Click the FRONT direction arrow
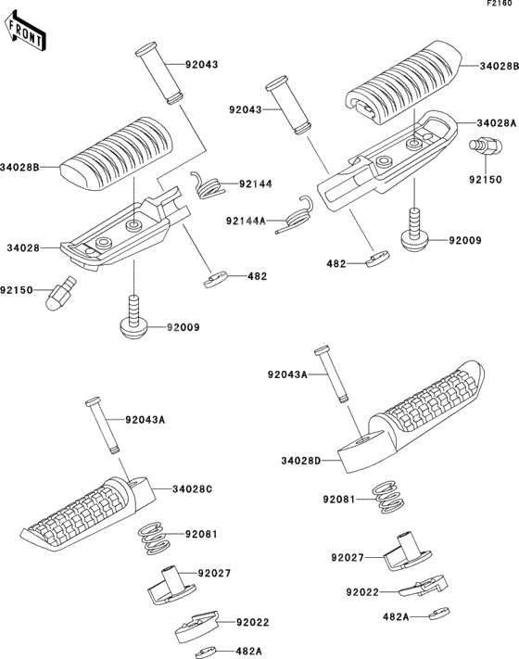coord(24,32)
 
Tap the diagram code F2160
coord(500,3)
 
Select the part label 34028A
coord(497,123)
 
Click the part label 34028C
coord(192,489)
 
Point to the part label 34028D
coord(301,461)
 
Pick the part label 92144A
coord(246,221)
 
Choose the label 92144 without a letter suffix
coord(256,184)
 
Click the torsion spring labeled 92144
coord(208,185)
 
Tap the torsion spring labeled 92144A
coord(296,215)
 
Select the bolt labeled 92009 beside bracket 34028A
coord(414,231)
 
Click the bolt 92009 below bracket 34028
coord(133,317)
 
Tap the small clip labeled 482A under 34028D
coord(439,614)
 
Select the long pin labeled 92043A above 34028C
coord(103,426)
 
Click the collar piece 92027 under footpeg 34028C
coord(171,585)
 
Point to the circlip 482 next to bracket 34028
coord(216,280)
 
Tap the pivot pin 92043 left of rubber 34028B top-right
coord(289,105)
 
